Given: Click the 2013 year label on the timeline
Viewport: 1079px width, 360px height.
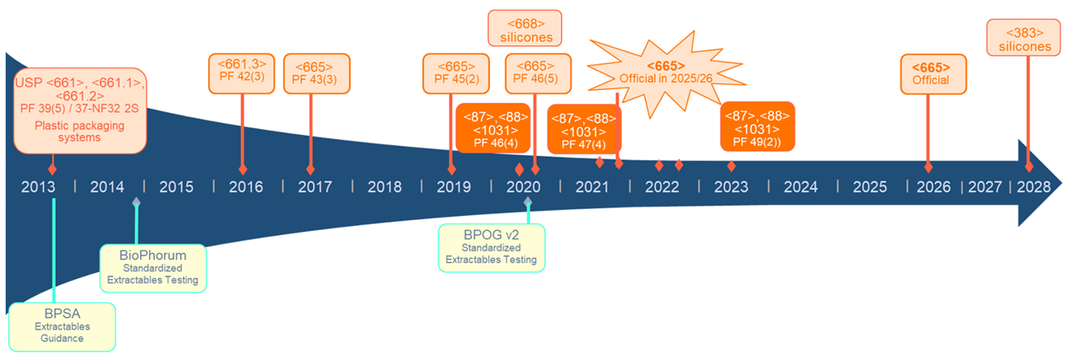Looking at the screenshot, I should coord(39,186).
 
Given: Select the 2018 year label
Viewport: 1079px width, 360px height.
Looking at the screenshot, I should coord(384,186).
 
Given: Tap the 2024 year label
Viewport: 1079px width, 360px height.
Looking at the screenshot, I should coord(800,186).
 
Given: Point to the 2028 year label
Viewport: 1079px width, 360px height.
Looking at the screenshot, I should coord(1033,186).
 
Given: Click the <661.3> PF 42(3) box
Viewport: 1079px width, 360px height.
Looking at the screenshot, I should coord(242,72).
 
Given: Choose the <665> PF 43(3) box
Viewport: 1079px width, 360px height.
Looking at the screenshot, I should coord(316,74).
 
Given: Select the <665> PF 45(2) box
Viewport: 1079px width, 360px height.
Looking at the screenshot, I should coord(456,74).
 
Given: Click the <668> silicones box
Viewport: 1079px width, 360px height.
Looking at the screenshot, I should coord(525,29).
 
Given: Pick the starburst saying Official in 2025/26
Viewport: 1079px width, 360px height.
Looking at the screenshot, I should coord(665,72).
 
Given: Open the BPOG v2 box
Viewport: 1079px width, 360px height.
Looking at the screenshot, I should coord(491,247).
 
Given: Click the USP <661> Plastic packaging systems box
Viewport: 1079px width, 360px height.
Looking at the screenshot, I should coord(81,110).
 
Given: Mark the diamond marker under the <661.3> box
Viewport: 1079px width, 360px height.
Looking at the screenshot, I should coord(243,170).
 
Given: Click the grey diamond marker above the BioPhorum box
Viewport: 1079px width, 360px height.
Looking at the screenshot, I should coord(137,201).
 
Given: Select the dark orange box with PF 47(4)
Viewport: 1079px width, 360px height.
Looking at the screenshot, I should coord(583,129).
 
